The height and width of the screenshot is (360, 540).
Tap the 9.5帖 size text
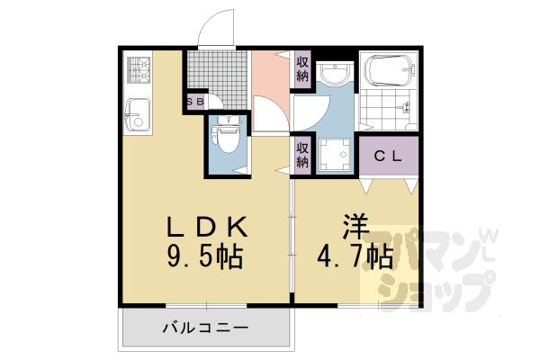click(205, 257)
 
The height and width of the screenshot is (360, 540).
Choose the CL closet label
click(389, 156)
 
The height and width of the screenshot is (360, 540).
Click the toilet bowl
click(226, 139)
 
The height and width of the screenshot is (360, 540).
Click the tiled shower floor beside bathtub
click(388, 112)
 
